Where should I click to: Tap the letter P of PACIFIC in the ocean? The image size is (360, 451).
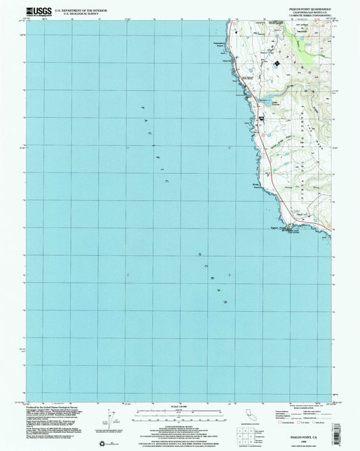pyautogui.click(x=142, y=108)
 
